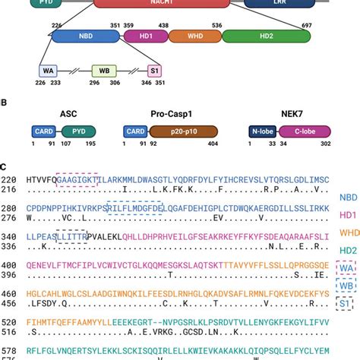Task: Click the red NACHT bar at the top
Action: click(152, 3)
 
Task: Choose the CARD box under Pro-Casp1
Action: click(137, 132)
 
